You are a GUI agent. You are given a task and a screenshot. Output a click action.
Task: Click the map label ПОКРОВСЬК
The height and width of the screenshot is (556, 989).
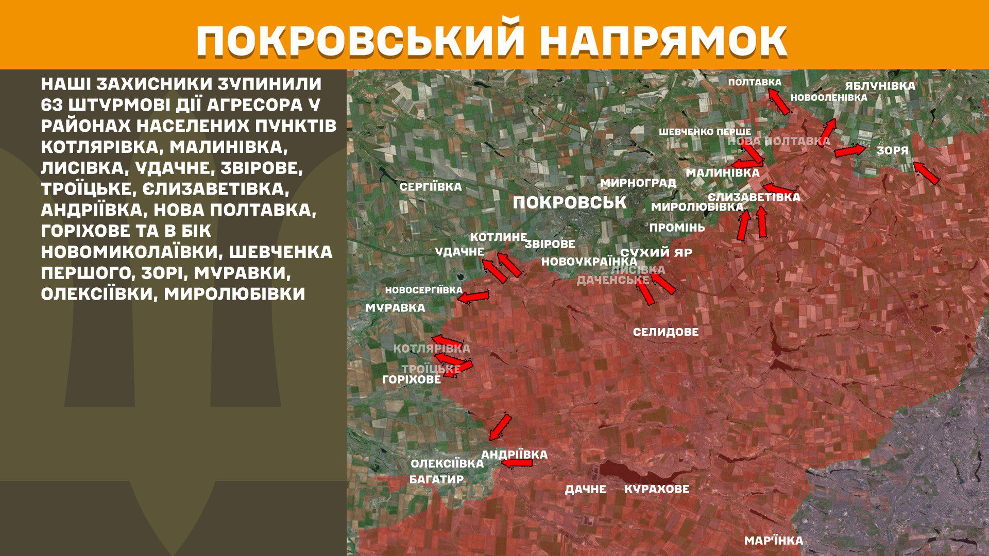(569, 202)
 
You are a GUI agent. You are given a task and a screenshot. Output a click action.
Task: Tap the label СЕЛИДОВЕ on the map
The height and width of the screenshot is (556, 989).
(666, 332)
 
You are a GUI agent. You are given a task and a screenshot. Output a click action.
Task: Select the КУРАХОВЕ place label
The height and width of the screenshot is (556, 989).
(656, 489)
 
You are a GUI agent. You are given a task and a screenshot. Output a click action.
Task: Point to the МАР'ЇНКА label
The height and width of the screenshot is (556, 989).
(773, 541)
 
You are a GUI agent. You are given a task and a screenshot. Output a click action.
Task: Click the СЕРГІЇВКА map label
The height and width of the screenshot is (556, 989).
(431, 187)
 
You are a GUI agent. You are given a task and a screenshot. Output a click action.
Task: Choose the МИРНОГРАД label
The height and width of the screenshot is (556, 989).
(638, 183)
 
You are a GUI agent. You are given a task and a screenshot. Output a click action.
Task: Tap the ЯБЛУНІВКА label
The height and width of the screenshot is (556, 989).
(880, 86)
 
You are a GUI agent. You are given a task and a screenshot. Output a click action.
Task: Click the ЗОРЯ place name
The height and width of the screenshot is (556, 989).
(892, 151)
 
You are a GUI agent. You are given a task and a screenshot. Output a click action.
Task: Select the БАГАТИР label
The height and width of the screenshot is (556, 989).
(436, 479)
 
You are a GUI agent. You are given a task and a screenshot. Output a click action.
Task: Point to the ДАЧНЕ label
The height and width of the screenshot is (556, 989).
(585, 489)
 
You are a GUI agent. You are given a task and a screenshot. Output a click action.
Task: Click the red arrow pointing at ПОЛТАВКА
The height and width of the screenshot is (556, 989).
(779, 101)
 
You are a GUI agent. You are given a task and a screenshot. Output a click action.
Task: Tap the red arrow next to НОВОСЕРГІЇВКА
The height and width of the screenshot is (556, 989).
(473, 297)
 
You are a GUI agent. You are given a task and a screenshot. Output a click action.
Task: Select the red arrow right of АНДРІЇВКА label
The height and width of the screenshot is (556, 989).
(517, 463)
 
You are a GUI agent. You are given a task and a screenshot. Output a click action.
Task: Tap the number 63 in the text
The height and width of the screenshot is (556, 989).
(53, 105)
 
